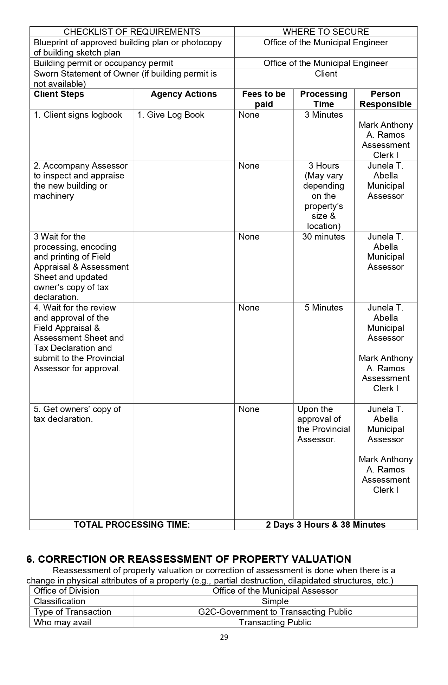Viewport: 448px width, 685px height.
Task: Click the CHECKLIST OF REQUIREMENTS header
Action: (132, 32)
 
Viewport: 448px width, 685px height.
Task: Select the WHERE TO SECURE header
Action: (326, 32)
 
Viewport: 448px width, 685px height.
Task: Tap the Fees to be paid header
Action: (264, 99)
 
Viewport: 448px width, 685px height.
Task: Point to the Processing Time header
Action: (324, 99)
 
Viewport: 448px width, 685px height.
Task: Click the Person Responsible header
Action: (385, 99)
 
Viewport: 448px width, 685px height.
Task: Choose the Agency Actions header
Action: (183, 94)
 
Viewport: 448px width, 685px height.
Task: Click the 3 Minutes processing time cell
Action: (324, 115)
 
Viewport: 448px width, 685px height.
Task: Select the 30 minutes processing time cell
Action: (324, 237)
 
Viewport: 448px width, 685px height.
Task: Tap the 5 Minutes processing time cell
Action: (324, 308)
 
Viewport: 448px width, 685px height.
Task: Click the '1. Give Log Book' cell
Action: (170, 115)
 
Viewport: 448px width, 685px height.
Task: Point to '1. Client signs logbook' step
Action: (78, 115)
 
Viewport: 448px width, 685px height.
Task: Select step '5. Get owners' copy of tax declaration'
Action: (77, 414)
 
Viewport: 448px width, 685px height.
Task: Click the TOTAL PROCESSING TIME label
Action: (132, 524)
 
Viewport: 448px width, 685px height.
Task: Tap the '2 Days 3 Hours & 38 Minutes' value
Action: (326, 524)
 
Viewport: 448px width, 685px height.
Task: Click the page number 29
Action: (224, 637)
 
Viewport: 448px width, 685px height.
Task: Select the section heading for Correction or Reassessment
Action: (189, 559)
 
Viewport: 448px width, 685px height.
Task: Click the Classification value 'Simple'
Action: (275, 601)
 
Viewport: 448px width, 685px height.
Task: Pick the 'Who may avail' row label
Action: (63, 622)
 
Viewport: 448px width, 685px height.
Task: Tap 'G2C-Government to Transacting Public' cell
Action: (275, 612)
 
